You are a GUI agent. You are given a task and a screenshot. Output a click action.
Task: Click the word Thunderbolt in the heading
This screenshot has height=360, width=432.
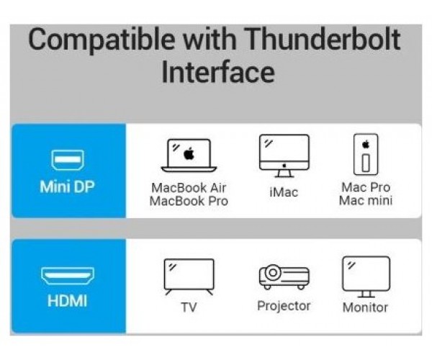(x=322, y=40)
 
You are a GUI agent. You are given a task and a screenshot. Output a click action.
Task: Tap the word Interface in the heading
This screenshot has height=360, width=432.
(x=218, y=72)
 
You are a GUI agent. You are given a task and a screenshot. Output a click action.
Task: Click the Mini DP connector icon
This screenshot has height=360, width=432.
(x=68, y=160)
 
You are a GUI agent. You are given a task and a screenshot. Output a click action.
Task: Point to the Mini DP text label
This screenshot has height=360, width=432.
(x=67, y=186)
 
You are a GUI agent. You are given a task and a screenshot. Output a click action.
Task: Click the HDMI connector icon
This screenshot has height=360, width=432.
(x=68, y=276)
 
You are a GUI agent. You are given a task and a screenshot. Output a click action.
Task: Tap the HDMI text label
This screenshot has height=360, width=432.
(x=67, y=301)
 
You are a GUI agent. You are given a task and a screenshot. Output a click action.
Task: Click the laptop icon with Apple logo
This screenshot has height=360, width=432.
(x=189, y=156)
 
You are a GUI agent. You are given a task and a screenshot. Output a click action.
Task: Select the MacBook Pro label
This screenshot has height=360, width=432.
(x=189, y=201)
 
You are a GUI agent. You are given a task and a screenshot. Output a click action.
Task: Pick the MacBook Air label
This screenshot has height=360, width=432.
(x=189, y=188)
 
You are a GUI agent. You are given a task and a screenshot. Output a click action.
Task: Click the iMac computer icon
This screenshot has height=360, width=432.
(x=284, y=156)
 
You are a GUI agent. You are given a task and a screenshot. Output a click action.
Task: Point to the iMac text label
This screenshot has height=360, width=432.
(x=284, y=192)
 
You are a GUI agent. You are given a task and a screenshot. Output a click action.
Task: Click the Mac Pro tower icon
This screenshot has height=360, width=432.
(x=366, y=154)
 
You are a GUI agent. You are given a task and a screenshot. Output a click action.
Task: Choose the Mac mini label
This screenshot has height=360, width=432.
(x=366, y=201)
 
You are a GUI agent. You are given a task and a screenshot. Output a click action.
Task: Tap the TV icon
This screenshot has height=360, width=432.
(x=189, y=276)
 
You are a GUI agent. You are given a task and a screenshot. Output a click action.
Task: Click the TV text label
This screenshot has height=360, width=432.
(x=189, y=307)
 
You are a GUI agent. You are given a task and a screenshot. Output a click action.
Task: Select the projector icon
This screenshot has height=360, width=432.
(x=284, y=276)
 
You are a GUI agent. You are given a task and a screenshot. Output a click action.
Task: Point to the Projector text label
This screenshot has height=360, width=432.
(x=284, y=306)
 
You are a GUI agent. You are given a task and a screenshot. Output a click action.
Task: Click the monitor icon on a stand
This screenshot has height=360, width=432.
(x=366, y=276)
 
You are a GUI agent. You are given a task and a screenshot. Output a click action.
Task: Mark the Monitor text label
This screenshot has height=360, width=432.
(x=365, y=307)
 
